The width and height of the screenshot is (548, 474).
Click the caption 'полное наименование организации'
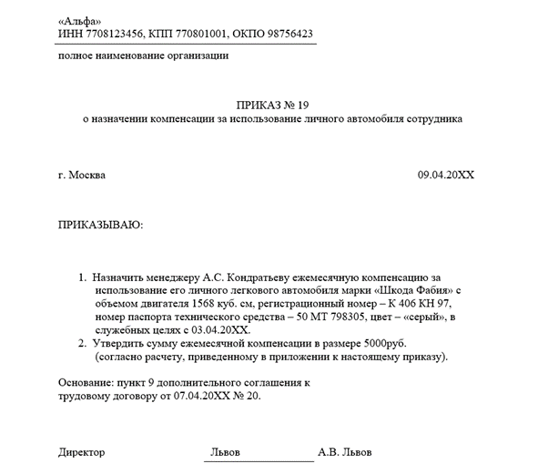143,55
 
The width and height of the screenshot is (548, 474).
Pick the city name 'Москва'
87,174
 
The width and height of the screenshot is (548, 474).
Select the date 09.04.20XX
446,174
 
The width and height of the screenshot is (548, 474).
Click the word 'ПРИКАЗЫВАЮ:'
101,224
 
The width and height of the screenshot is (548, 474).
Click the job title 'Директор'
82,452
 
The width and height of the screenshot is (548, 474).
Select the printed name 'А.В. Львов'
344,452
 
